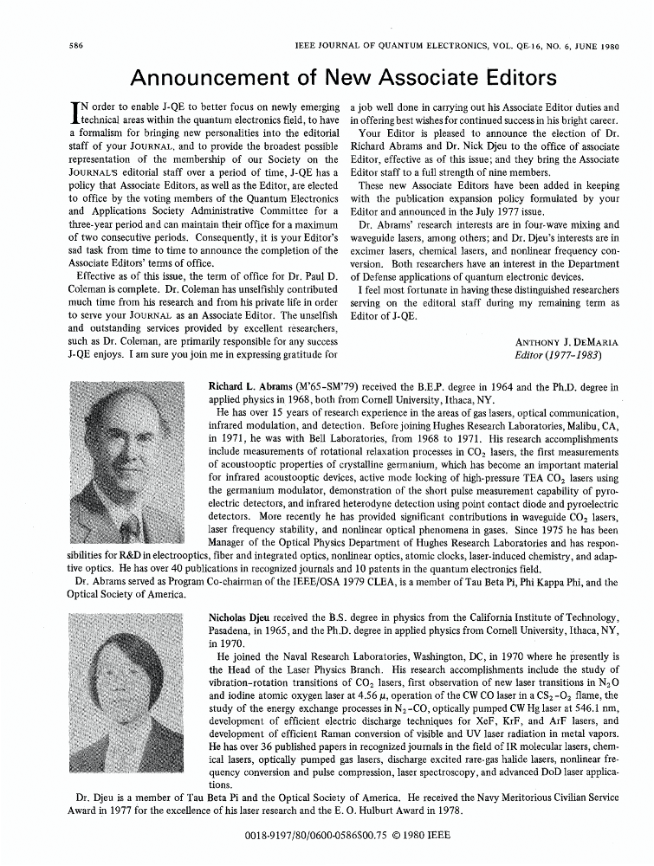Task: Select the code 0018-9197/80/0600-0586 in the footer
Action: (x=285, y=837)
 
